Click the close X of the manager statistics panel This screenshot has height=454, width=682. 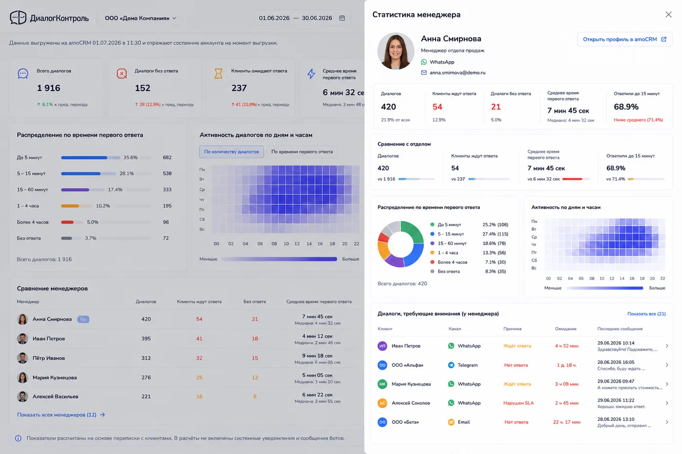[x=668, y=15]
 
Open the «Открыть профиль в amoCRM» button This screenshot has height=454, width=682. [x=625, y=39]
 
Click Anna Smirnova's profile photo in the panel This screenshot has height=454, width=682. [x=396, y=51]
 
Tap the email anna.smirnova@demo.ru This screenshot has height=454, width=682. [x=457, y=73]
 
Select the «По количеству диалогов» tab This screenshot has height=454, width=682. [x=231, y=152]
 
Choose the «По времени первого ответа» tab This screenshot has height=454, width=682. [x=302, y=152]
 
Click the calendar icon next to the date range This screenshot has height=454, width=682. [x=342, y=18]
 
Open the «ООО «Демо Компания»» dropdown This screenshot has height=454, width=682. [x=140, y=18]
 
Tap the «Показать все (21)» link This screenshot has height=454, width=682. [x=646, y=313]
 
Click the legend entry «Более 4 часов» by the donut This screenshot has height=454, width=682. [x=453, y=262]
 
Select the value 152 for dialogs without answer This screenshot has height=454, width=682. [x=142, y=88]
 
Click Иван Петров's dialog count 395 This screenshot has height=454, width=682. [x=146, y=339]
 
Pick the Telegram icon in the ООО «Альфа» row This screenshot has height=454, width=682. [x=451, y=365]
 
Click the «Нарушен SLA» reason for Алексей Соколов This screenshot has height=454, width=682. [x=518, y=403]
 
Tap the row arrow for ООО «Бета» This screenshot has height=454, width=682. [x=667, y=422]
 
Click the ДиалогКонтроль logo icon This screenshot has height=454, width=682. [x=18, y=18]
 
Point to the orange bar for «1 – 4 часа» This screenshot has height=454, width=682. [x=70, y=206]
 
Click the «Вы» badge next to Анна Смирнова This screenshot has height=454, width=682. [x=83, y=319]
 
